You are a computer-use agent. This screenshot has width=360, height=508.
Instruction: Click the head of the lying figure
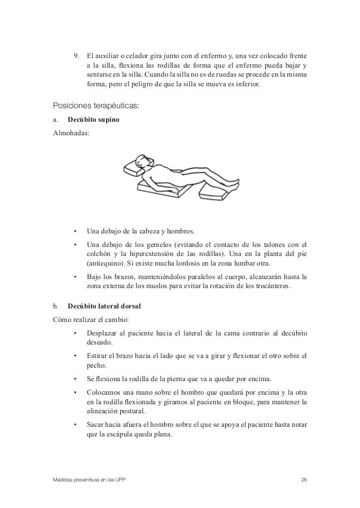[145, 162]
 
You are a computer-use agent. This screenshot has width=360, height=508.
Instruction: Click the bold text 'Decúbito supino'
[93, 120]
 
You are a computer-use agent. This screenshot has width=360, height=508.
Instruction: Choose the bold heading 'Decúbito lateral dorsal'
[104, 307]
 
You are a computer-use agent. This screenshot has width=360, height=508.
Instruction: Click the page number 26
[304, 480]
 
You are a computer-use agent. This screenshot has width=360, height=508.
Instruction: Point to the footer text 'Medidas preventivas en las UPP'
[89, 480]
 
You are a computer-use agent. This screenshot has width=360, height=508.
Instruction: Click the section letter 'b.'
[55, 307]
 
